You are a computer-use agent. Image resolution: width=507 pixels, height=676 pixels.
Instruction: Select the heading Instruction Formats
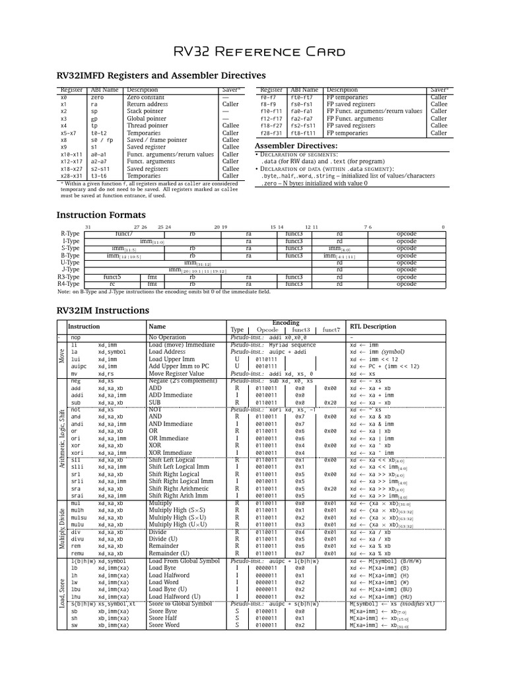101,215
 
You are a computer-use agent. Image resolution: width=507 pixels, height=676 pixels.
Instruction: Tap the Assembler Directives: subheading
296,145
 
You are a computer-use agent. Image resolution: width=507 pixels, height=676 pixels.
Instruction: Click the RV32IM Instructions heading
103,310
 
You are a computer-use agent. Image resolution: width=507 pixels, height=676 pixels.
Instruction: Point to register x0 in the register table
63,97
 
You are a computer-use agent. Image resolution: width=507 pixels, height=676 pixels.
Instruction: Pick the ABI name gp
94,118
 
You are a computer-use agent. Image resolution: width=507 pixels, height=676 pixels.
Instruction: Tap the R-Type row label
69,234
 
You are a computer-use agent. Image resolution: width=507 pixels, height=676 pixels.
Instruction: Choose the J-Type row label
69,269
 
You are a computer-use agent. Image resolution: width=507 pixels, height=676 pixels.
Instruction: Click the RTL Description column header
373,326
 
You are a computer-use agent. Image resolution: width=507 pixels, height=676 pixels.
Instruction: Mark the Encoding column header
285,323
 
